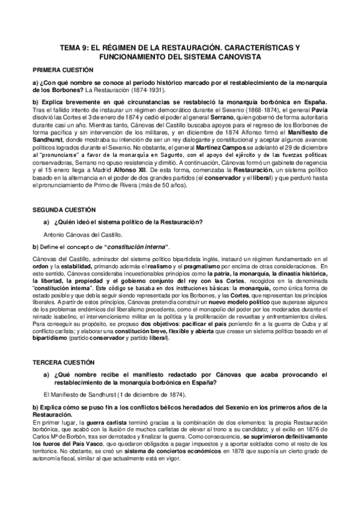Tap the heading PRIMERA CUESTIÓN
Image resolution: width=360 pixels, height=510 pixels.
coord(59,70)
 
